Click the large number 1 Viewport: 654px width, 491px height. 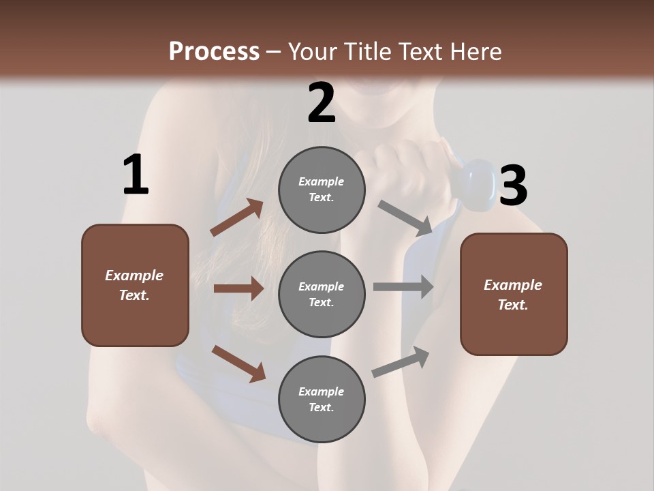point(136,175)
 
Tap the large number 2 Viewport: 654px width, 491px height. point(322,103)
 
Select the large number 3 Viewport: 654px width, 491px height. point(513,185)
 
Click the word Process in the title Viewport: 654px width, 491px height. point(214,51)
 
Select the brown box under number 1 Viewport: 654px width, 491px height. point(135,285)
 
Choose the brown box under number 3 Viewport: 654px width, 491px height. point(514,294)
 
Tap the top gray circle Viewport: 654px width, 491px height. point(322,190)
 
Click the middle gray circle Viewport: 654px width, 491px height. point(322,294)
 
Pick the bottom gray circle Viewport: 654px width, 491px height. point(322,399)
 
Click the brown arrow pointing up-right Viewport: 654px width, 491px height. point(236,218)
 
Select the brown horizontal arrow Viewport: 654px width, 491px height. point(238,288)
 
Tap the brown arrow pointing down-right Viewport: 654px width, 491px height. point(238,363)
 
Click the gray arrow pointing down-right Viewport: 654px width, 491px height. point(405,218)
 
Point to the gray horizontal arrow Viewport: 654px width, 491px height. point(403,286)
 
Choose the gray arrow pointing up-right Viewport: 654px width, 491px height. point(401,362)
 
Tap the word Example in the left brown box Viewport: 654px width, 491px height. point(134,276)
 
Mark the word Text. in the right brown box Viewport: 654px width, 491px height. point(513,305)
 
